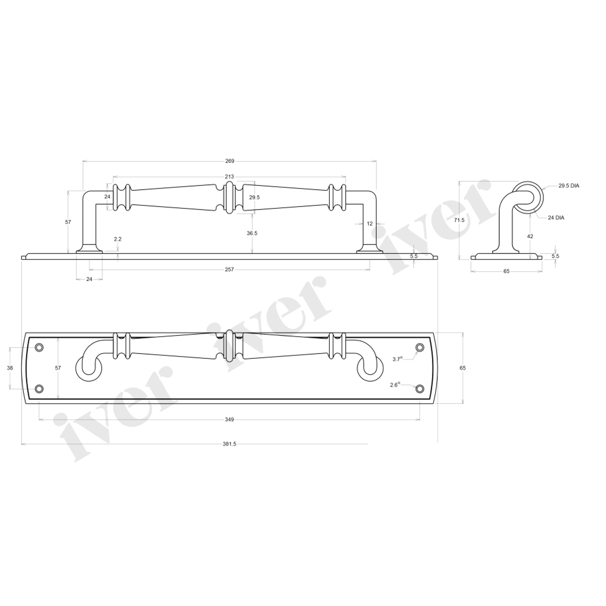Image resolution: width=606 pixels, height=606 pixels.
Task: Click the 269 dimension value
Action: pyautogui.click(x=230, y=161)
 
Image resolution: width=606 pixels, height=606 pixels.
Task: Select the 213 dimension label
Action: pyautogui.click(x=229, y=177)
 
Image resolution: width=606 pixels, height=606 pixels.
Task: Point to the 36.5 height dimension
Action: pyautogui.click(x=252, y=233)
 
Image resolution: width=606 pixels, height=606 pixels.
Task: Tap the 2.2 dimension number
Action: pyautogui.click(x=118, y=239)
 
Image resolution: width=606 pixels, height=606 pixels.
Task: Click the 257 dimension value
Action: pyautogui.click(x=229, y=269)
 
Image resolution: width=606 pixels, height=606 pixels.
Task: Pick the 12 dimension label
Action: pyautogui.click(x=370, y=224)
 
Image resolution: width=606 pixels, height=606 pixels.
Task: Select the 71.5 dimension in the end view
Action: pyautogui.click(x=460, y=220)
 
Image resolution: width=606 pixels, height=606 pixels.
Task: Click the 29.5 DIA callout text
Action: pyautogui.click(x=569, y=186)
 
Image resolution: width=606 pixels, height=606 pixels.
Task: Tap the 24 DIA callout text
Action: pyautogui.click(x=556, y=218)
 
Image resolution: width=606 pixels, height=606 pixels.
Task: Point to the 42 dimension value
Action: pyautogui.click(x=530, y=236)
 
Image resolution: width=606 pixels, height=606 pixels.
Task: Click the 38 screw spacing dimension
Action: pyautogui.click(x=10, y=368)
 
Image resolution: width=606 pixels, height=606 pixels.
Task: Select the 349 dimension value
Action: pyautogui.click(x=229, y=419)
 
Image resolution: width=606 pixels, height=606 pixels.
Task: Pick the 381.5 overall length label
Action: pyautogui.click(x=229, y=444)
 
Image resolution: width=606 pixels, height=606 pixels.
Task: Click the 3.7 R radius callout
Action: pyautogui.click(x=398, y=359)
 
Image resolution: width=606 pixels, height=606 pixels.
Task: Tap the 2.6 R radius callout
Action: pyautogui.click(x=395, y=385)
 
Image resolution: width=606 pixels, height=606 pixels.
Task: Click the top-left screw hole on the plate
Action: pyautogui.click(x=39, y=347)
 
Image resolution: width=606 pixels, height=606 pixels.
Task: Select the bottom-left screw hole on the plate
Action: pyautogui.click(x=39, y=389)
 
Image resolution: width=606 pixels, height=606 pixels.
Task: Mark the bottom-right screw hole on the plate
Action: pyautogui.click(x=419, y=389)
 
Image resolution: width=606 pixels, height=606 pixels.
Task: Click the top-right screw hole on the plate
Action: pyautogui.click(x=419, y=347)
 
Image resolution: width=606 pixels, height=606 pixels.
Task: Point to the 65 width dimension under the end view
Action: pyautogui.click(x=506, y=271)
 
